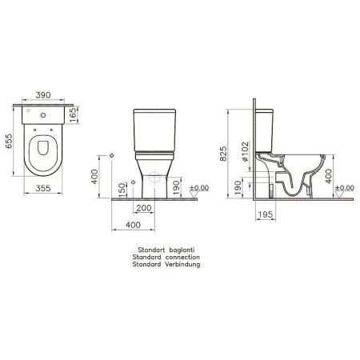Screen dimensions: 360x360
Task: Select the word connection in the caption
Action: point(178,257)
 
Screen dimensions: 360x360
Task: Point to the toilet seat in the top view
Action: point(42,156)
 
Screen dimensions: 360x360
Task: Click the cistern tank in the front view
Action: point(153,128)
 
